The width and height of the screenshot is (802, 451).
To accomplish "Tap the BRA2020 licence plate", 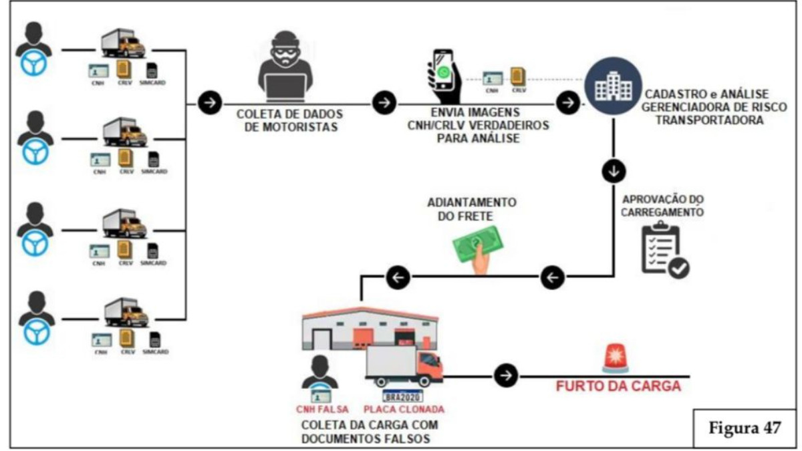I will point(402,395).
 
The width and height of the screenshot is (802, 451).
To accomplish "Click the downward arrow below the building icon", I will point(614,170).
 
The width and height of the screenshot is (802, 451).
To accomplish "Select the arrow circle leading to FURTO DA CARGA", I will point(506,375).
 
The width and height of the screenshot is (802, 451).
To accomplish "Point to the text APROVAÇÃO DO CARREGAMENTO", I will point(663,205).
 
